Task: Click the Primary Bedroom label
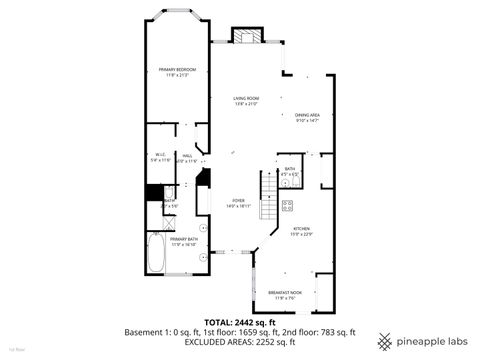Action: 176,71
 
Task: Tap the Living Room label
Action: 246,99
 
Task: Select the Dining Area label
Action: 307,118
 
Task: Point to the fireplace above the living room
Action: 246,36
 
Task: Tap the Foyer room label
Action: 238,203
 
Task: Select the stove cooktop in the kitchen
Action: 287,207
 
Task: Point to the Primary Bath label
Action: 183,241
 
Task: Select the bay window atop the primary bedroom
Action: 176,17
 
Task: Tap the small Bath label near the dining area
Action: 289,171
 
